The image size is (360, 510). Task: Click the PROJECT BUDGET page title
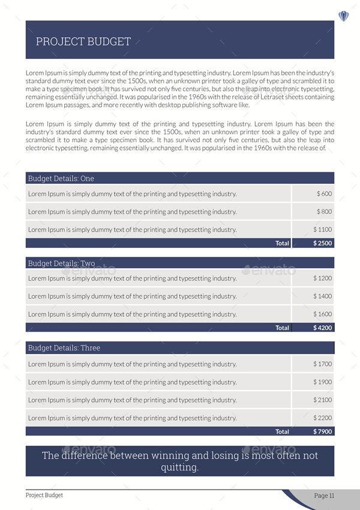pyautogui.click(x=83, y=41)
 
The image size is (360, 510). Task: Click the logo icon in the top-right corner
pyautogui.click(x=344, y=16)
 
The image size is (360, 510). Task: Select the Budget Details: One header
pyautogui.click(x=61, y=178)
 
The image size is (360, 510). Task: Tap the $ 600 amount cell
pyautogui.click(x=324, y=194)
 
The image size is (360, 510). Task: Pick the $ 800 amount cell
pyautogui.click(x=324, y=212)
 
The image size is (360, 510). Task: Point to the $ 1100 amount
pyautogui.click(x=322, y=230)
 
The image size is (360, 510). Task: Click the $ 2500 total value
pyautogui.click(x=322, y=244)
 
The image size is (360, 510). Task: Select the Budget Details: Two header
pyautogui.click(x=61, y=263)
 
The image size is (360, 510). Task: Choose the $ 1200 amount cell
pyautogui.click(x=322, y=278)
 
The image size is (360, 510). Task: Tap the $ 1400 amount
pyautogui.click(x=322, y=296)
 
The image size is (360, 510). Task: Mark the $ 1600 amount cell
pyautogui.click(x=322, y=314)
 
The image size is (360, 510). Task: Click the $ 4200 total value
pyautogui.click(x=322, y=328)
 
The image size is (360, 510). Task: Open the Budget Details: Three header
pyautogui.click(x=64, y=348)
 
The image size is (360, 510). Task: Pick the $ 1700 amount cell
pyautogui.click(x=322, y=364)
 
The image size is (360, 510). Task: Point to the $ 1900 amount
pyautogui.click(x=322, y=382)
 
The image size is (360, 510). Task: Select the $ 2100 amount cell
pyautogui.click(x=322, y=400)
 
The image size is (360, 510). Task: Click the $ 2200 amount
pyautogui.click(x=322, y=418)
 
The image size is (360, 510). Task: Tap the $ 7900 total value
pyautogui.click(x=322, y=431)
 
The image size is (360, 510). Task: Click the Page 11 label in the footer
pyautogui.click(x=324, y=496)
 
